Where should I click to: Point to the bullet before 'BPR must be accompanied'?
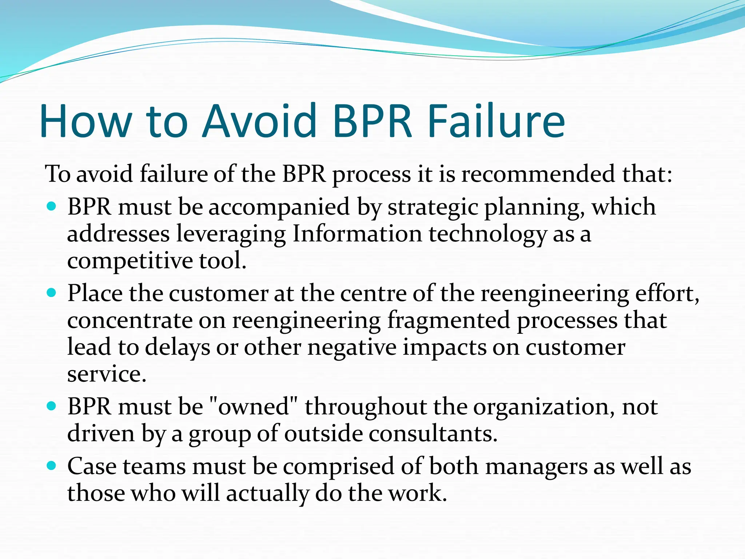click(x=52, y=206)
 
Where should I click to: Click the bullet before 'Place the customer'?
click(x=52, y=292)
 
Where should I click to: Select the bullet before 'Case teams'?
click(x=52, y=465)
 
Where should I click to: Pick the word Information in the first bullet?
click(x=357, y=234)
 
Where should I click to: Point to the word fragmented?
click(x=448, y=321)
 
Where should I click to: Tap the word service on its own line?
click(x=107, y=374)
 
